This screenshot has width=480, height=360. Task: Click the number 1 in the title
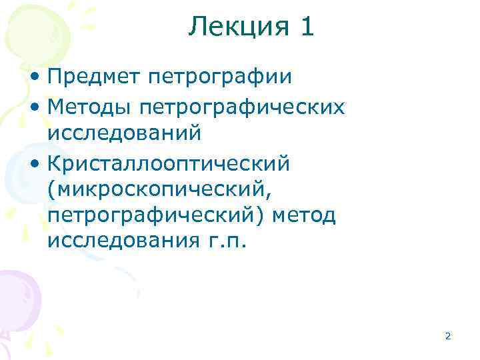(x=305, y=27)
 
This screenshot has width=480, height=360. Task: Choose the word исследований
(x=124, y=133)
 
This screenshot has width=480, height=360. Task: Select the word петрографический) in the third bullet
(x=151, y=216)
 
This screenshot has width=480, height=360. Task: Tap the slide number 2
(x=448, y=337)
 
